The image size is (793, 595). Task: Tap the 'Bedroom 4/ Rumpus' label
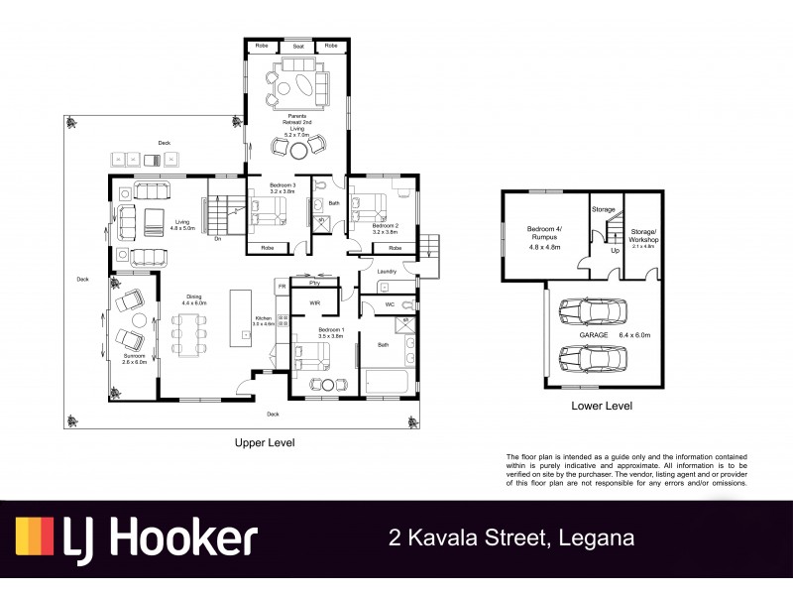coord(544,233)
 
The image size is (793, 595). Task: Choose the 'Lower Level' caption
coord(602,406)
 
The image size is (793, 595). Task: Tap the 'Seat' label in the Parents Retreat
coord(296,46)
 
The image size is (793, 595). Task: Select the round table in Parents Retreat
coord(297,150)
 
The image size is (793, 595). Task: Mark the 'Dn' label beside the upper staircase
coord(217,239)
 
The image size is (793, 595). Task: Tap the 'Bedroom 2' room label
coord(385,226)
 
